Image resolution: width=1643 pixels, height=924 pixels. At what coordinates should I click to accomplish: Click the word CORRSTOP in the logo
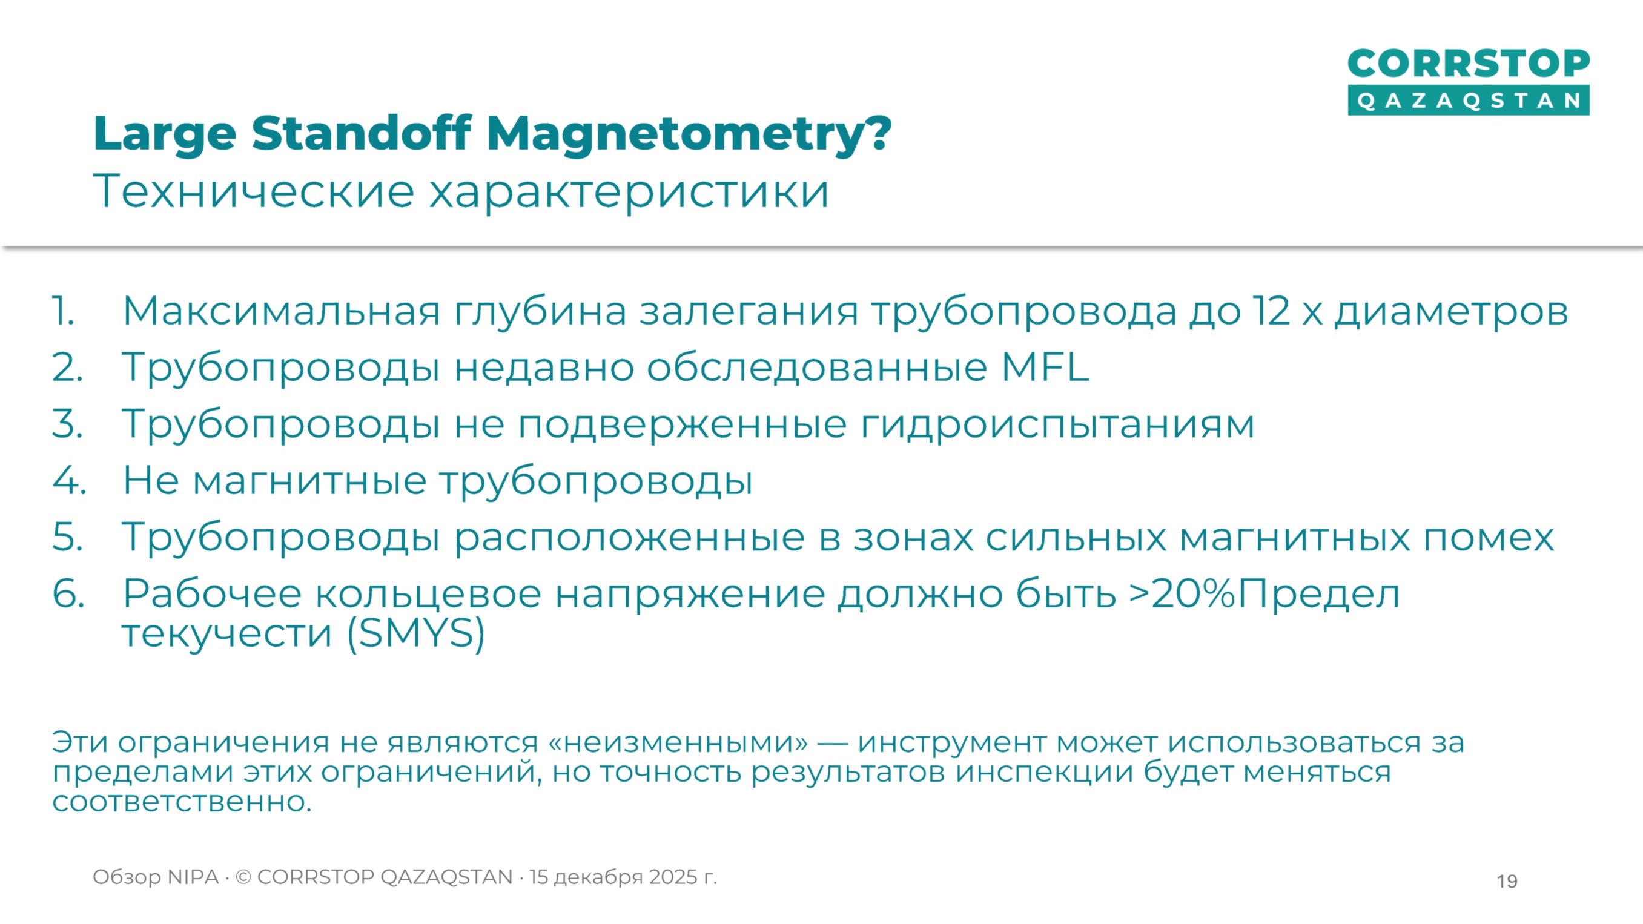click(x=1468, y=64)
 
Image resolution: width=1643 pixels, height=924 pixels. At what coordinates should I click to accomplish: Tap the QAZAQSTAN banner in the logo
click(x=1468, y=101)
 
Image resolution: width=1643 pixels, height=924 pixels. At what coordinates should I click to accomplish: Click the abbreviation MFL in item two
click(x=1045, y=368)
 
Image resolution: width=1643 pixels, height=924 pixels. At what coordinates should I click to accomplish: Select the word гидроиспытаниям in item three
click(x=1057, y=424)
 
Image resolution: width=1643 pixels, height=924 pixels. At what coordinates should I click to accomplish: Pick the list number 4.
click(x=68, y=480)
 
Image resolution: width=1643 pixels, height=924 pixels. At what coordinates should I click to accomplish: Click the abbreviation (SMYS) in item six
click(x=416, y=633)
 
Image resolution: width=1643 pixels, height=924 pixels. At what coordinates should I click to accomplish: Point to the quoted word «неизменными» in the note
click(x=678, y=742)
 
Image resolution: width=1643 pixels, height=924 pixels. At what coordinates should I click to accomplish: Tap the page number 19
click(x=1507, y=880)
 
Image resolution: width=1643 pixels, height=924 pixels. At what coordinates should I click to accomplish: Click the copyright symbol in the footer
click(x=243, y=877)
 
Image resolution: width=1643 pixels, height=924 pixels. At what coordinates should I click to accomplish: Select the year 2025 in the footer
click(x=673, y=877)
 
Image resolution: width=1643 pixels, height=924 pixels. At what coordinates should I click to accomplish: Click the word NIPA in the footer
click(x=193, y=877)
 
